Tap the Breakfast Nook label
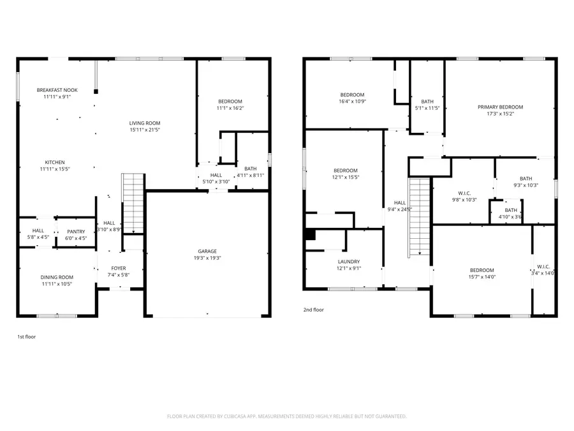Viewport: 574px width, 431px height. (x=57, y=90)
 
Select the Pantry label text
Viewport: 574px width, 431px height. (x=75, y=232)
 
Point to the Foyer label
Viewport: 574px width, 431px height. (x=119, y=268)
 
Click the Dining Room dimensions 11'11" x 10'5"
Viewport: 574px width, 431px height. (x=57, y=284)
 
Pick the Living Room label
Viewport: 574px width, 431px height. (x=145, y=123)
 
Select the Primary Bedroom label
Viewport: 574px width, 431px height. (x=500, y=107)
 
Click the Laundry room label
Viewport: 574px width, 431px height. (x=349, y=262)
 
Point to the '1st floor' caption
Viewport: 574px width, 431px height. (x=27, y=335)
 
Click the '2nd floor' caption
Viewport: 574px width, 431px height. (x=313, y=310)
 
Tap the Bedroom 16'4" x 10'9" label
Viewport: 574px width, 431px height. (x=352, y=95)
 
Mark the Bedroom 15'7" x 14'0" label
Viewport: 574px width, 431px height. (x=482, y=270)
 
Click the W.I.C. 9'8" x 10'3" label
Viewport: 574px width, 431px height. (x=464, y=193)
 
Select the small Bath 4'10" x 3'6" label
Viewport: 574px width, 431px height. (x=511, y=210)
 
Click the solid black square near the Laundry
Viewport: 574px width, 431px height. (x=310, y=234)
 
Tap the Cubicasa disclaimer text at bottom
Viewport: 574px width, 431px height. (x=286, y=416)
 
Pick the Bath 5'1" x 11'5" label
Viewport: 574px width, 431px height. (x=427, y=102)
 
